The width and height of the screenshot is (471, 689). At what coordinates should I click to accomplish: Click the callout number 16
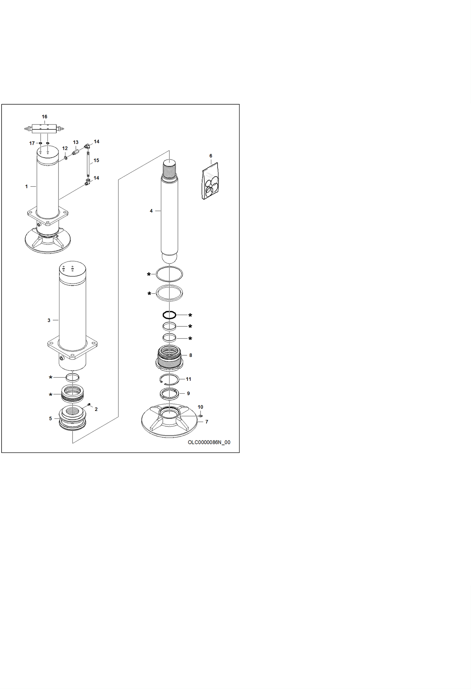point(45,117)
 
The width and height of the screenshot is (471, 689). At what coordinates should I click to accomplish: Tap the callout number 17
point(32,143)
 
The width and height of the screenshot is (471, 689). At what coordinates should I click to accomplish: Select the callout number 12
point(65,148)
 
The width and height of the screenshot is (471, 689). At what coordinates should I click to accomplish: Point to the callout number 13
point(76,142)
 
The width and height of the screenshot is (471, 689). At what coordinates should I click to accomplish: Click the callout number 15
point(96,160)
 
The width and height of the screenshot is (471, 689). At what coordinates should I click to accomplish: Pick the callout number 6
point(211,156)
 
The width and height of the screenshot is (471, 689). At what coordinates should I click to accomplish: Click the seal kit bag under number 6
point(210,181)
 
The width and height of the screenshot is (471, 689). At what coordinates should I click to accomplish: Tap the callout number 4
point(151,211)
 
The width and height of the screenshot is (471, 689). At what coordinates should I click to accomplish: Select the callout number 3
point(49,320)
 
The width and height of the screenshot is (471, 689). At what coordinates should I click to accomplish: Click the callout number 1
point(26,187)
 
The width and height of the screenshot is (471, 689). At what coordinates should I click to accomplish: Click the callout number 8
point(191,355)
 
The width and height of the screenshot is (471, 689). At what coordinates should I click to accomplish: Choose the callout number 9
point(188,393)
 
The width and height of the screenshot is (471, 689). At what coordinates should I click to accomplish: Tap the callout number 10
point(200,407)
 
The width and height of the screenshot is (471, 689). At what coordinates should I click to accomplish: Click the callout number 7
point(207,422)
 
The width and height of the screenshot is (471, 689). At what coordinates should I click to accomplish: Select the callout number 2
point(96,409)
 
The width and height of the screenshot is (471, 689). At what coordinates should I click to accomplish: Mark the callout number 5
point(50,418)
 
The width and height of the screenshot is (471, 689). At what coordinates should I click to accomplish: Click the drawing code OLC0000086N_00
point(209,442)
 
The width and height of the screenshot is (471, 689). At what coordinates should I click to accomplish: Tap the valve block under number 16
point(44,129)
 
